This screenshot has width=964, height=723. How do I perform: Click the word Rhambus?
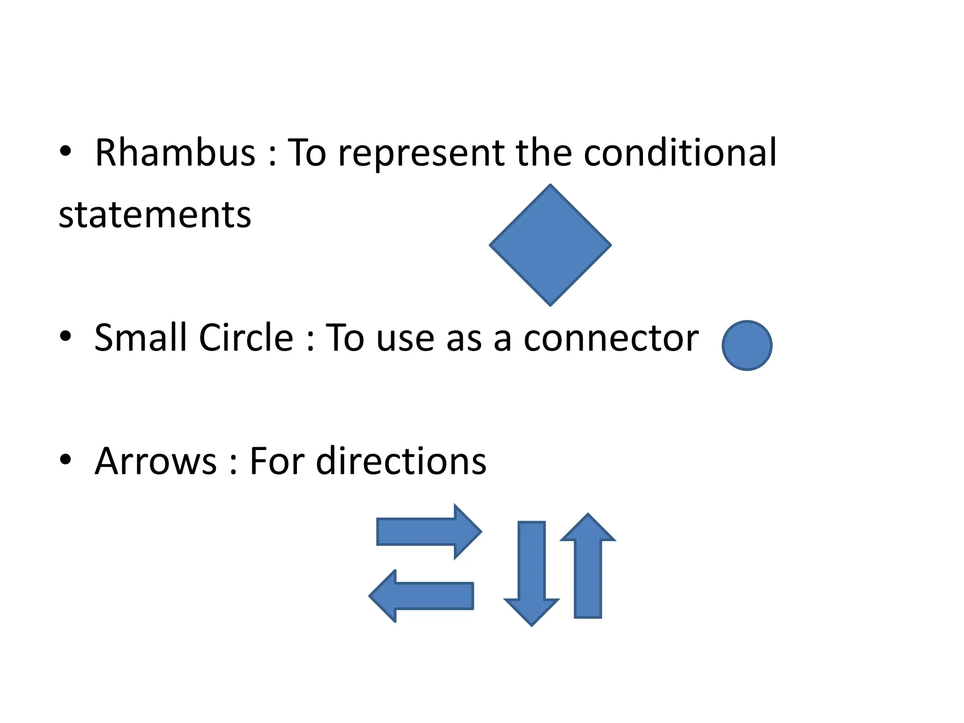(175, 153)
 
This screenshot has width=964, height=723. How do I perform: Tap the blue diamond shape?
(550, 245)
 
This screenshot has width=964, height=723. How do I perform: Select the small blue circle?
(747, 345)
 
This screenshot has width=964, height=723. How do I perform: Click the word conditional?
(680, 153)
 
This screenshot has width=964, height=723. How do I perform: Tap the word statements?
(155, 215)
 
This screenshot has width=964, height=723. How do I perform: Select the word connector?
(611, 338)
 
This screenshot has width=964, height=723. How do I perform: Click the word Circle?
(246, 338)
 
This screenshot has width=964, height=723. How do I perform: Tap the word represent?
(421, 153)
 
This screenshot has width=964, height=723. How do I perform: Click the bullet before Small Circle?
(65, 336)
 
